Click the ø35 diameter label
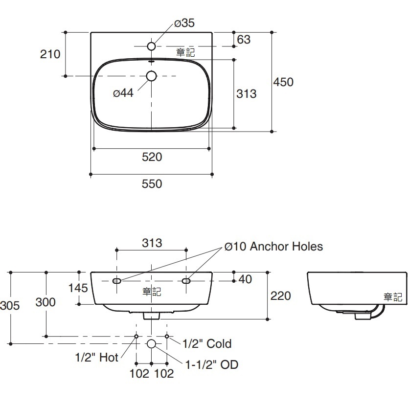coord(184,23)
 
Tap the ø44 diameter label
coord(123,93)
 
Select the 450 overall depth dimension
coord(283,82)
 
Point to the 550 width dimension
coord(152,184)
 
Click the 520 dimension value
coord(152,157)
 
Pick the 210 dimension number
coord(50,54)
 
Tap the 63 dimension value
coord(243,39)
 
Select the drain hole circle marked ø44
coord(152,76)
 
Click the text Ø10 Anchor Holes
coord(274,246)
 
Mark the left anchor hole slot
coord(117,281)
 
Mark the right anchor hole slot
coord(186,281)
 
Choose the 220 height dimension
coord(280,295)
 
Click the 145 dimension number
coord(78,288)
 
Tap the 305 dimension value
coord(10,306)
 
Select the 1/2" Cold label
coord(207,343)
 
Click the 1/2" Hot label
coord(97,358)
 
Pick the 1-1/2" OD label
coord(212,364)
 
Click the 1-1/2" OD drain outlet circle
coord(152,343)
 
